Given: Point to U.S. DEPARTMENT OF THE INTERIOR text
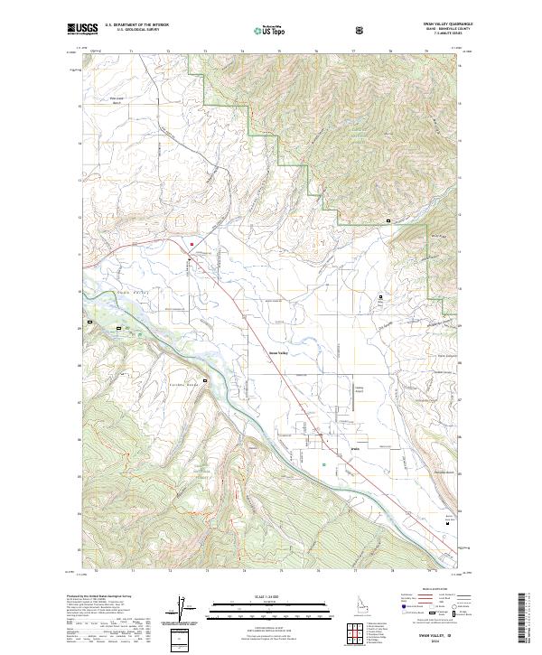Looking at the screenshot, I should click(x=138, y=25).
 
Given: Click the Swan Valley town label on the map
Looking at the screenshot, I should click(x=277, y=352).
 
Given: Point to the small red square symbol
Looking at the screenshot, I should click(x=192, y=245).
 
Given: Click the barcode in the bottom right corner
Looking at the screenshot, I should click(x=523, y=620).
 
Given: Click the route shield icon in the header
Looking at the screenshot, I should click(x=360, y=30).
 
